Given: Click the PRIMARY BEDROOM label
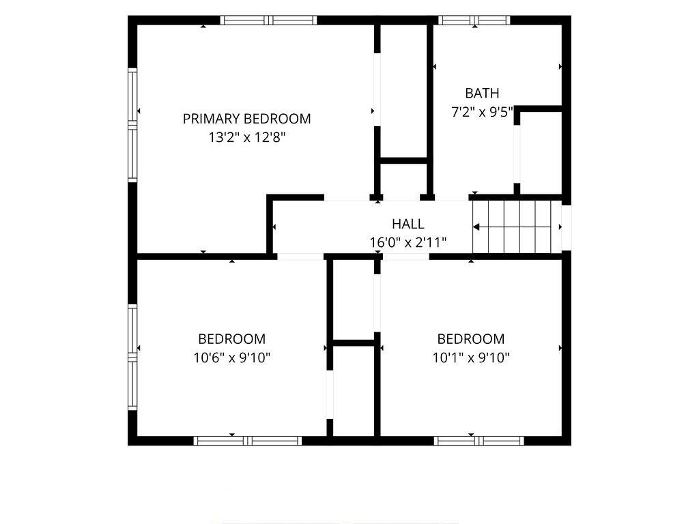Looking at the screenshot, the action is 246,119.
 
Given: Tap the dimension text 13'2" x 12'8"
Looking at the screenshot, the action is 246,137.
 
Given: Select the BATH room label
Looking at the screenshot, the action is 482,93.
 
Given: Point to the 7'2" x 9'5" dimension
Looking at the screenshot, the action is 483,112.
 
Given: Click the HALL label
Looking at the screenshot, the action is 408,224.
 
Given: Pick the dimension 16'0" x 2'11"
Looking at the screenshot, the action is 408,242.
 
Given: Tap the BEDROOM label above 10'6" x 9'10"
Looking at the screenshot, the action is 232,339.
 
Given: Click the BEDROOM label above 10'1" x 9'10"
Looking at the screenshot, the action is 471,339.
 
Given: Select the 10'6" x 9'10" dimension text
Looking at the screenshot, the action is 232,358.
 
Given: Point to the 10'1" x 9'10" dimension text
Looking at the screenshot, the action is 471,358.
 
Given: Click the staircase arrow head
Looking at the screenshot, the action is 476,227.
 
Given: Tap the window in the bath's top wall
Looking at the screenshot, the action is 474,20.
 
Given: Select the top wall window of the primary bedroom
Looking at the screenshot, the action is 268,20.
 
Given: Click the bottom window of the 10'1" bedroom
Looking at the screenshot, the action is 479,441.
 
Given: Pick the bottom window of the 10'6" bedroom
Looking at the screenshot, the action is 248,441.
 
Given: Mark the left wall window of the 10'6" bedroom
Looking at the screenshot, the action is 132,357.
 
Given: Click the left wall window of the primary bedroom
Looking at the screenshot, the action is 132,125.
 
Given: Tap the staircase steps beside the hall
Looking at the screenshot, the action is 517,227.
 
